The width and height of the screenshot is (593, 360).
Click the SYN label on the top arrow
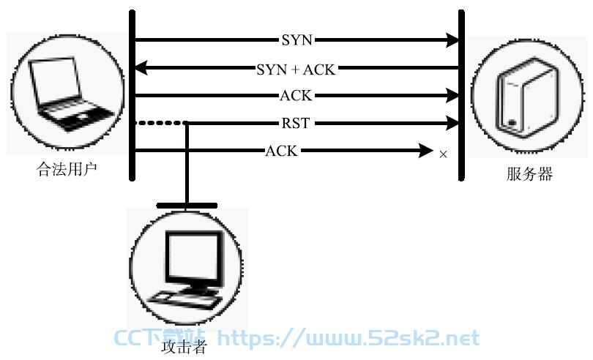[297, 40]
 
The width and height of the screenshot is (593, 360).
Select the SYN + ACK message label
[296, 70]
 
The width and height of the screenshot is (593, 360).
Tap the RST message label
[296, 123]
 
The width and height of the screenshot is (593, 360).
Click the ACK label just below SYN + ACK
[296, 96]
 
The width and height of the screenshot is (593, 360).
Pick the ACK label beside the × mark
[282, 151]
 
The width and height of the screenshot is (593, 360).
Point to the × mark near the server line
[443, 154]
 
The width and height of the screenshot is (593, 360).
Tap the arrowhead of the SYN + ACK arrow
[141, 69]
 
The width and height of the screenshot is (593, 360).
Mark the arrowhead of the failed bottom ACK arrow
[426, 151]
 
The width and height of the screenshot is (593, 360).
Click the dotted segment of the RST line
[160, 123]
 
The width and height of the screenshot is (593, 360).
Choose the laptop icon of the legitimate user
[70, 94]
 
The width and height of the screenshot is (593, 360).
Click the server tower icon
[529, 97]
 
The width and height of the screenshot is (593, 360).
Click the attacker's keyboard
[184, 299]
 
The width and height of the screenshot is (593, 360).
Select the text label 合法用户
[67, 169]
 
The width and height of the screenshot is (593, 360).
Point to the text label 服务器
[529, 174]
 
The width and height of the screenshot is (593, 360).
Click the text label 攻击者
[184, 346]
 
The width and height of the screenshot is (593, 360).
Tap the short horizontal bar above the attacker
[187, 206]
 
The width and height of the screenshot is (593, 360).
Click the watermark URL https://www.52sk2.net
[348, 338]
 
